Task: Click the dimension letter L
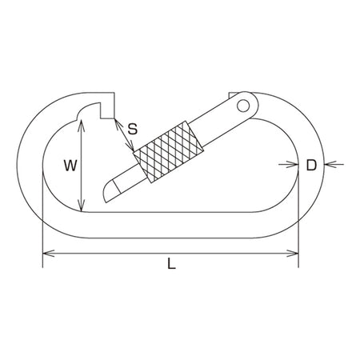coord(172,264)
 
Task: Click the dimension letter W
coord(70,166)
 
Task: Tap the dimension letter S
coord(133,129)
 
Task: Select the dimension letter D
coord(311,166)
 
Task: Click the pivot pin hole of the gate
coord(243,106)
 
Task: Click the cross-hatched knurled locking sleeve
coord(169,152)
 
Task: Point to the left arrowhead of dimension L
coord(49,254)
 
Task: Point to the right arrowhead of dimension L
coord(293,254)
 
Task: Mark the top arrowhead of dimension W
coord(81,126)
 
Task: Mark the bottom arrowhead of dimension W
coord(81,206)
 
